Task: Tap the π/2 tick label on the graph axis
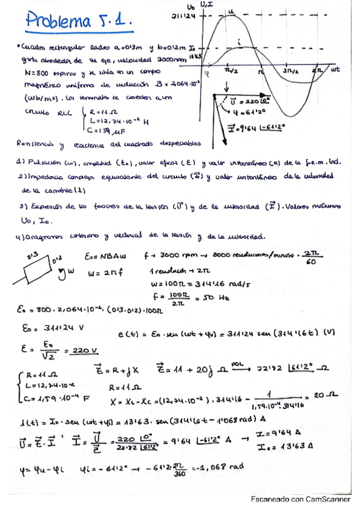click(x=232, y=71)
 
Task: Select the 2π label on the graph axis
click(x=319, y=71)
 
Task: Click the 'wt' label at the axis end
click(x=335, y=69)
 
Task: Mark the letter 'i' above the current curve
click(x=240, y=41)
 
